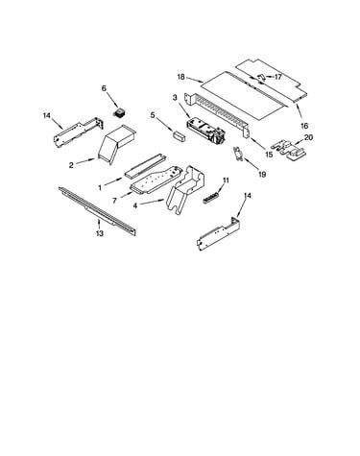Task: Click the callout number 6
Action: pos(104,88)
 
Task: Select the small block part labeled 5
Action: pos(180,135)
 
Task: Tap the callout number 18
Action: pos(180,77)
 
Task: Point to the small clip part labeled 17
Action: pos(261,77)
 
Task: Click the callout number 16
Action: pos(304,126)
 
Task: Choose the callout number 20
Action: pos(308,137)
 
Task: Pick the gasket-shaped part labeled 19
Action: pos(237,154)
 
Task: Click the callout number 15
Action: pos(269,155)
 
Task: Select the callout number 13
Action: pos(100,233)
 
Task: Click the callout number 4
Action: pos(135,206)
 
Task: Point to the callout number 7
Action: pos(114,201)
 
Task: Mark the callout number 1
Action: pos(100,188)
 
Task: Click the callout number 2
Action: pos(71,165)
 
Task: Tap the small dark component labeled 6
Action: pos(120,113)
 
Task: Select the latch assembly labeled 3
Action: pos(205,131)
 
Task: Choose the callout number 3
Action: pos(175,98)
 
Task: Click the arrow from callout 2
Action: pos(85,161)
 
